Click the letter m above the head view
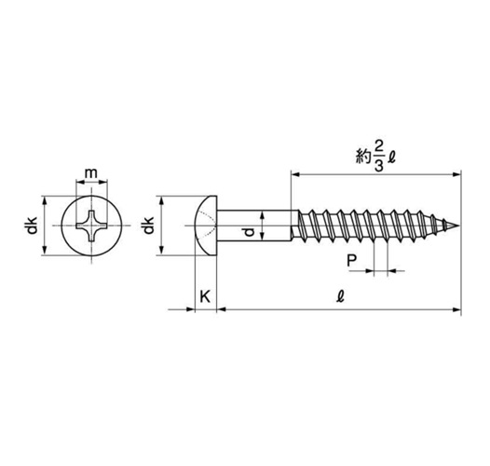[x=91, y=173]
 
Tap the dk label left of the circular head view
[x=32, y=226]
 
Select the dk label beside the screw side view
[x=148, y=226]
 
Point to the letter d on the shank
[x=249, y=232]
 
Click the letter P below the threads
[x=352, y=260]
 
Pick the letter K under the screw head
[x=205, y=296]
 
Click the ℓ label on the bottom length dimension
[x=340, y=296]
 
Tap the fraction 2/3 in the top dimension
[x=378, y=160]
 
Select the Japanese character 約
[x=363, y=157]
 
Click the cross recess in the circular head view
[x=91, y=226]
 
